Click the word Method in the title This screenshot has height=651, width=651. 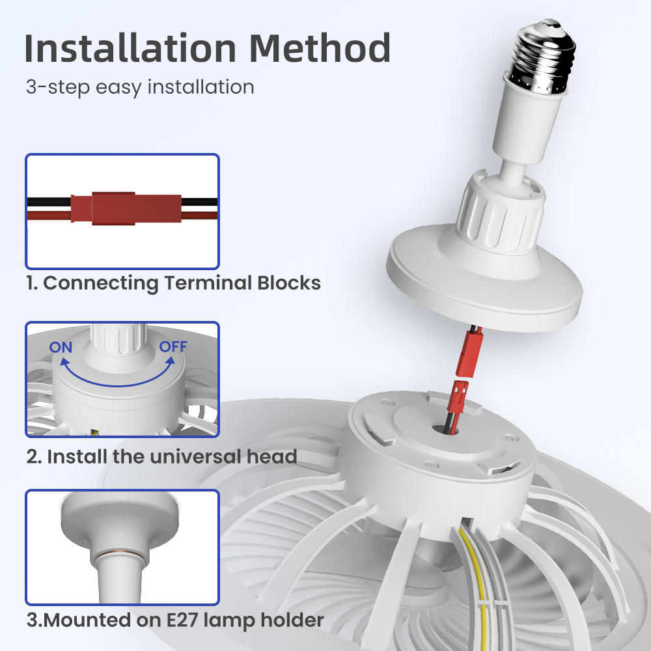click(x=320, y=48)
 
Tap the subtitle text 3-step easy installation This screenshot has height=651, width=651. click(x=140, y=87)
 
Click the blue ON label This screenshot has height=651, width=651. click(x=61, y=347)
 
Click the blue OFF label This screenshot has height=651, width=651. click(x=173, y=347)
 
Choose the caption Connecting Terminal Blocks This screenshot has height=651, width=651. click(x=182, y=283)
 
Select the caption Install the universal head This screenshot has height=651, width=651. click(x=172, y=456)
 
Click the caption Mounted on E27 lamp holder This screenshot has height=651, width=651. click(x=184, y=620)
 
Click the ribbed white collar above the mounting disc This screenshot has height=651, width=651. click(x=500, y=212)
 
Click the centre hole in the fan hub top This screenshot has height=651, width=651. click(x=445, y=429)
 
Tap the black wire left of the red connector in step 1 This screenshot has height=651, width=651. click(x=49, y=202)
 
